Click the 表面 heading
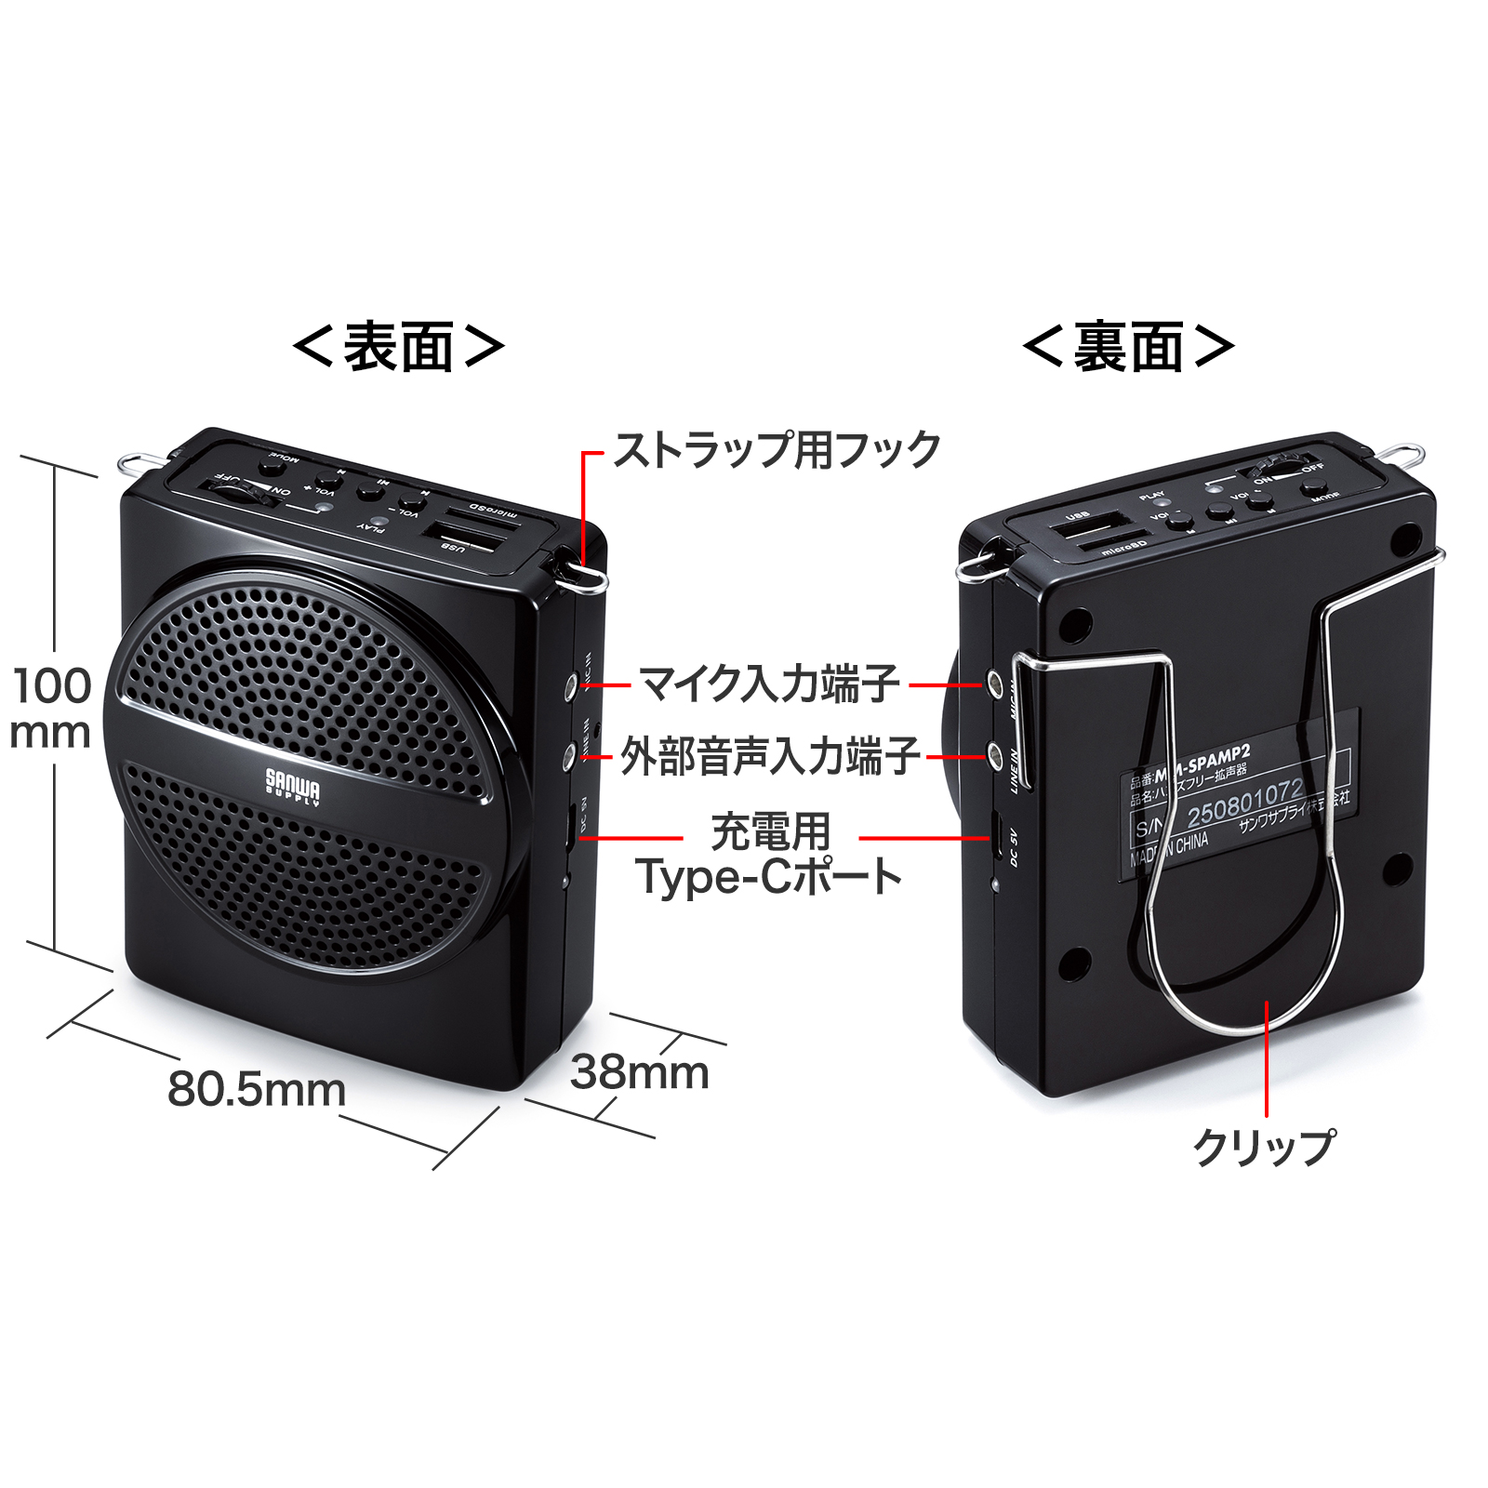click(399, 348)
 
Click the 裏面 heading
click(1128, 348)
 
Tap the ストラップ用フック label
click(777, 450)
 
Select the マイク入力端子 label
click(769, 684)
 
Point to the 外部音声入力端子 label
click(770, 756)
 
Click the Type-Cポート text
click(768, 877)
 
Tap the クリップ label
click(1264, 1147)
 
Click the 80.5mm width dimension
click(256, 1089)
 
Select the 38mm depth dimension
click(639, 1072)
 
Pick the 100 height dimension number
click(52, 686)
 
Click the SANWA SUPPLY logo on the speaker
click(292, 787)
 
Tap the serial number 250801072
click(1244, 803)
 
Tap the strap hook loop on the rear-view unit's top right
click(1402, 456)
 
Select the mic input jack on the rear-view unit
click(996, 684)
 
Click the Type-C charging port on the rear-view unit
click(994, 836)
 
